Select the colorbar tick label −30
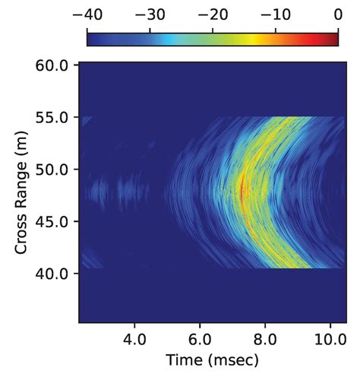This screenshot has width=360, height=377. (150, 14)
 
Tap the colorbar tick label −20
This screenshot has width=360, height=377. (213, 14)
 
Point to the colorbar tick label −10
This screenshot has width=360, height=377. (275, 14)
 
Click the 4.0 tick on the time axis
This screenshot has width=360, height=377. (134, 337)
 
